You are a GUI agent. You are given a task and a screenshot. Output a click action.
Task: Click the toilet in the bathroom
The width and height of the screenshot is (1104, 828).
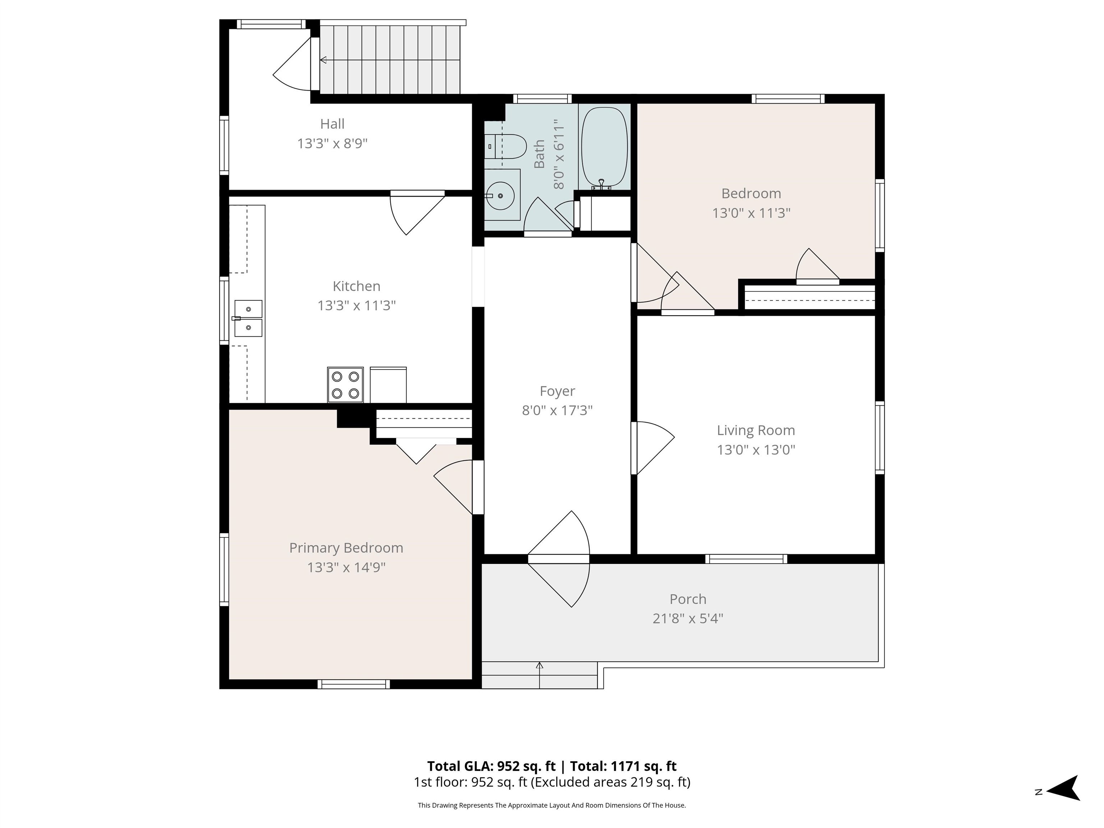pos(505,146)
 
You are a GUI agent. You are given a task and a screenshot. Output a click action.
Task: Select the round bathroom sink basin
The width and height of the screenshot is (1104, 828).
pos(501,195)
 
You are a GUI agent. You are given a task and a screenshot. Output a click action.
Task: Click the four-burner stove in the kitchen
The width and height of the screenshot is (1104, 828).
pos(345,385)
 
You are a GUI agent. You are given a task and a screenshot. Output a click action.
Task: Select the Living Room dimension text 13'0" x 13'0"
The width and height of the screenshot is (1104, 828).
pos(756,450)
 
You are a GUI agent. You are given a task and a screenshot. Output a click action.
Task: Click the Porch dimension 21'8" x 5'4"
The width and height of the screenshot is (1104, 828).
pos(688,618)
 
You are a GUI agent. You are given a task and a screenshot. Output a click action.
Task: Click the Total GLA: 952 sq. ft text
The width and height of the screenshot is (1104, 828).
pos(491,766)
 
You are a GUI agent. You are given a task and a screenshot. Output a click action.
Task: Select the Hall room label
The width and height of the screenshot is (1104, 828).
pos(332,123)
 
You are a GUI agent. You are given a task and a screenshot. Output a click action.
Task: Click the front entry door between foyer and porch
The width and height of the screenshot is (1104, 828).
pos(559,559)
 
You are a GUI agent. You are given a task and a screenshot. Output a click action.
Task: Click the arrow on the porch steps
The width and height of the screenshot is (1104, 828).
pos(539,675)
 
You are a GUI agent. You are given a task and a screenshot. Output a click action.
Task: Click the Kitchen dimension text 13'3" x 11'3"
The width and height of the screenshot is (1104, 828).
pos(356,305)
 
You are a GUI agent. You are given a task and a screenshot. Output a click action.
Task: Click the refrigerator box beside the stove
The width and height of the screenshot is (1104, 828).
pos(388,385)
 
